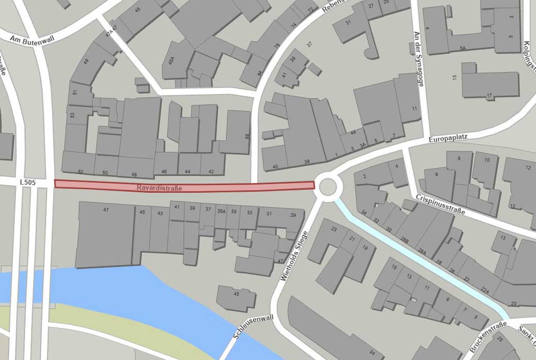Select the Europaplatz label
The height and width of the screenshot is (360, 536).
(x=448, y=138)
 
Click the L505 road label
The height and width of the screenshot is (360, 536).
(x=27, y=183)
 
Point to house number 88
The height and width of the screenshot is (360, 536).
(x=247, y=137)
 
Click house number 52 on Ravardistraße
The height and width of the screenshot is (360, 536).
(x=80, y=172)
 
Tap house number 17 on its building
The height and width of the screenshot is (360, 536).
(x=489, y=96)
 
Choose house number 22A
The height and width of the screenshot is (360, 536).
(x=485, y=290)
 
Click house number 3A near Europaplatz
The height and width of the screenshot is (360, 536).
(x=363, y=145)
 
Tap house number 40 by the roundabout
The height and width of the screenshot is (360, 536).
(x=276, y=167)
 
